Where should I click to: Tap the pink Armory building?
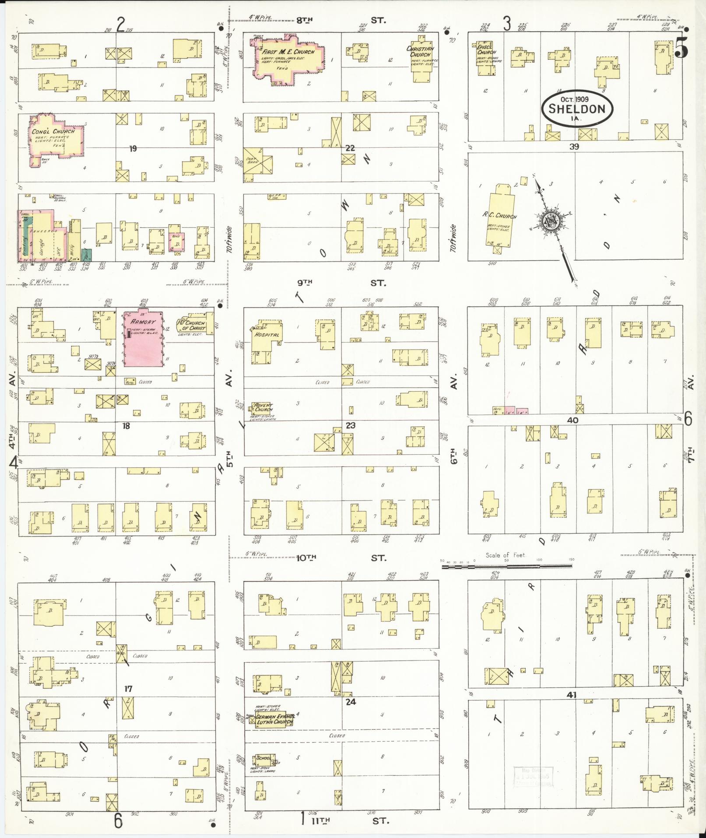tap(144, 339)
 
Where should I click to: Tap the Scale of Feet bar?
tap(506, 566)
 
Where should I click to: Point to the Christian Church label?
tap(420, 52)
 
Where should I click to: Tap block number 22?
tap(350, 148)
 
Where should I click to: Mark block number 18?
tap(126, 425)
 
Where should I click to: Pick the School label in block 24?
tap(263, 758)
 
